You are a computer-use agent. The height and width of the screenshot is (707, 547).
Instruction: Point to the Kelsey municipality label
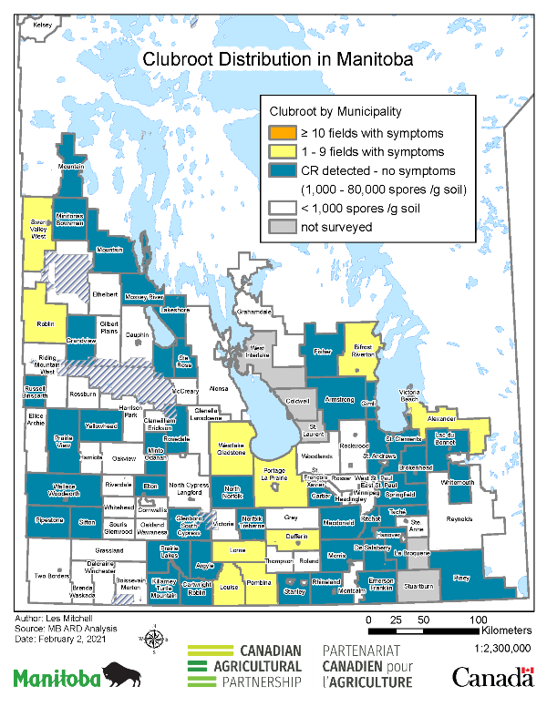(x=43, y=26)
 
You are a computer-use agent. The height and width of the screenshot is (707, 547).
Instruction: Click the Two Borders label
(x=52, y=576)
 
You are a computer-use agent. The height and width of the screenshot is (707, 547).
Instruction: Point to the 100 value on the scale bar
(x=474, y=620)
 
